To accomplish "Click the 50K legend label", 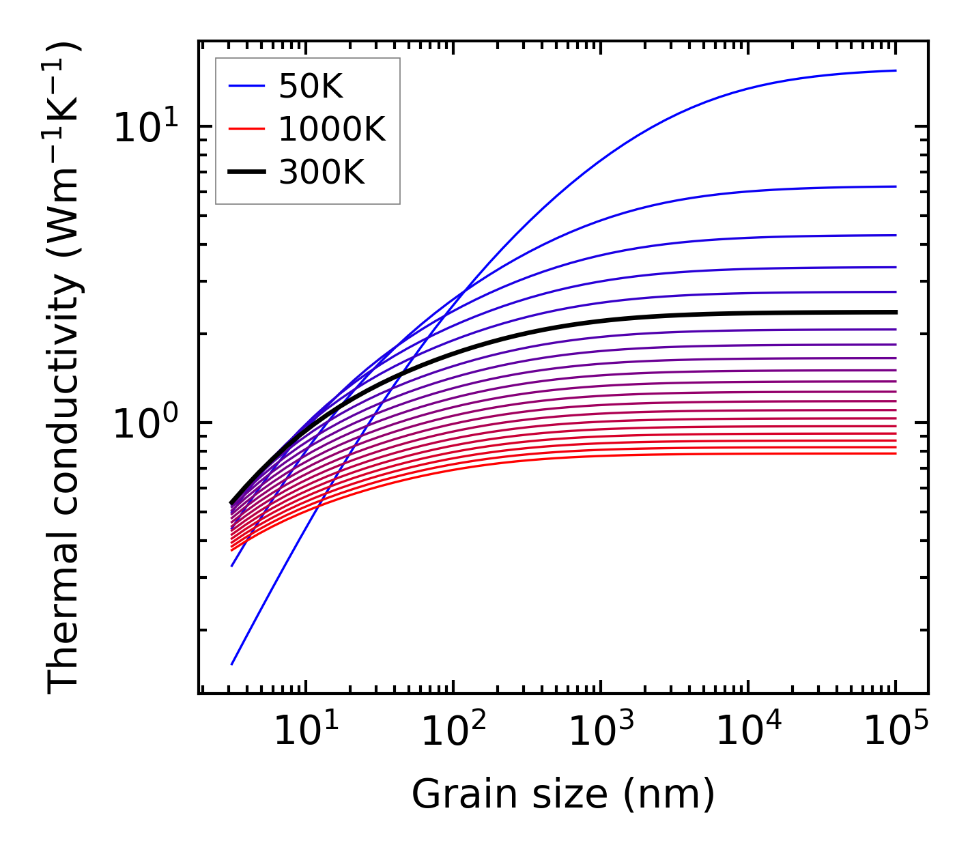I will (310, 86).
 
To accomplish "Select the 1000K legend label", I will (332, 129).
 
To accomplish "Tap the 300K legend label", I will (322, 173).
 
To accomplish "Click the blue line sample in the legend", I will (246, 86).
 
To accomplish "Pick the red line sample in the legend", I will (246, 129).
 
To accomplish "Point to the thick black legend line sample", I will (246, 173).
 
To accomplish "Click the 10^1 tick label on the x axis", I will (305, 732).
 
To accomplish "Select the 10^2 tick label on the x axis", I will (453, 732).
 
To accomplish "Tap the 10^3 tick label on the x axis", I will (600, 732).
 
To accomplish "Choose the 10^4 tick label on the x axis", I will (748, 732).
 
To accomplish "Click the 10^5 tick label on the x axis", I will (896, 732).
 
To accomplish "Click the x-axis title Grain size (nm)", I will (563, 795).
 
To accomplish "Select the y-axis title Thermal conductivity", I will (65, 369).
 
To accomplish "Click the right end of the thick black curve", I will (895, 312).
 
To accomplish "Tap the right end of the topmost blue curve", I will (895, 70).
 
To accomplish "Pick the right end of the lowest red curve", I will (895, 453).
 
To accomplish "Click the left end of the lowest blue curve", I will (232, 664).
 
